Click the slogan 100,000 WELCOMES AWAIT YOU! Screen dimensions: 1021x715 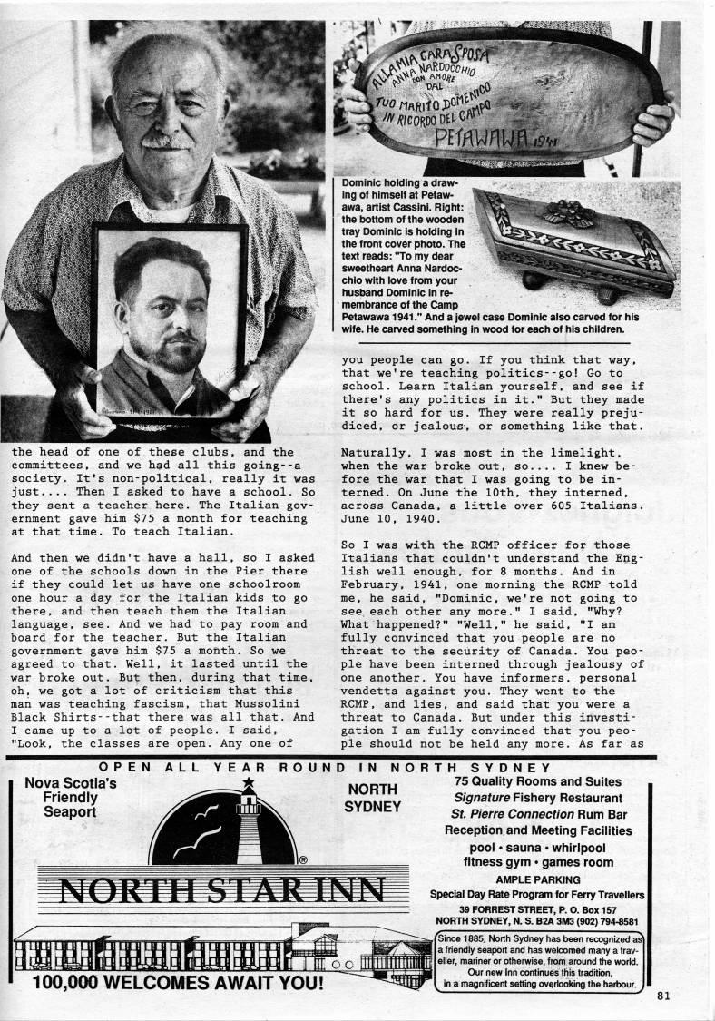coord(176,983)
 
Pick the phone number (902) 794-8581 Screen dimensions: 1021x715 coord(596,918)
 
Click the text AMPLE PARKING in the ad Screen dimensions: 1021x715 coord(536,879)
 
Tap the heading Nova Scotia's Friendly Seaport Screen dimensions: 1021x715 coord(69,796)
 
